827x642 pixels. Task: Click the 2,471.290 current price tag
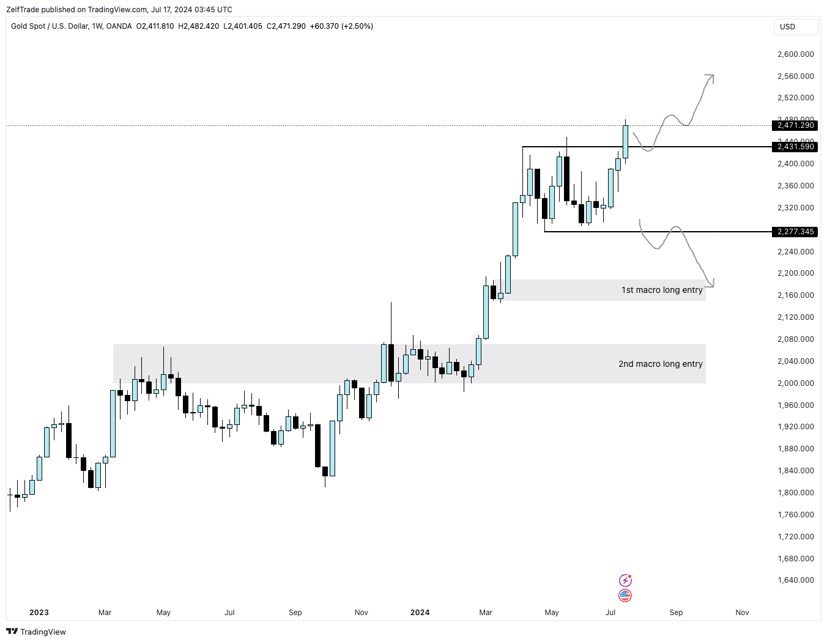coord(795,125)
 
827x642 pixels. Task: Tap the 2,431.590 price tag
coord(795,147)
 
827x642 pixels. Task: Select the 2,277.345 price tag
coord(795,232)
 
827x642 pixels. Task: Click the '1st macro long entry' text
coord(662,290)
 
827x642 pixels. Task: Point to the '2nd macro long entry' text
coord(660,364)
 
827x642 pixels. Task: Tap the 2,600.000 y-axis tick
coord(795,54)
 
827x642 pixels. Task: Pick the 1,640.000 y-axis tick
coord(795,580)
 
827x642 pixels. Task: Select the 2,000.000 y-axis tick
coord(795,383)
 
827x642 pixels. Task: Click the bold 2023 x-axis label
coord(39,613)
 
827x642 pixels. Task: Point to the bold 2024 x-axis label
coord(420,613)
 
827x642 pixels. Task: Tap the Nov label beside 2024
coord(362,613)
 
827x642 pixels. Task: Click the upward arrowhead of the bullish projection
coord(711,77)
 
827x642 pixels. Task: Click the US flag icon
coord(625,595)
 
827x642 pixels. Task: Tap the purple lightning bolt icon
coord(625,580)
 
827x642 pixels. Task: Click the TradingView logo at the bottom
coord(36,632)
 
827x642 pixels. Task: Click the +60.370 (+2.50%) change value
coord(341,26)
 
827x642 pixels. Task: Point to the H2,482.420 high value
coord(198,26)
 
